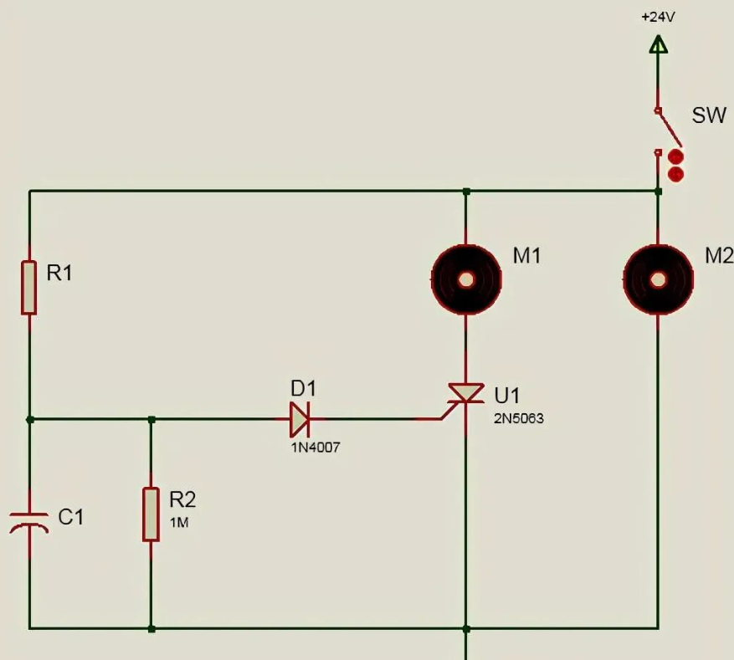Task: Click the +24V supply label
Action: pos(658,18)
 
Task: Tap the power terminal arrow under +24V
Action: pos(658,44)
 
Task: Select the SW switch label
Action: pos(709,115)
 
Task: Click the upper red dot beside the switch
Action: pos(675,156)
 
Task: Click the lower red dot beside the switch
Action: pos(675,175)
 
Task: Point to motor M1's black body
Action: pos(466,279)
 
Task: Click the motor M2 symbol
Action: pos(658,279)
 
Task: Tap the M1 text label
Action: pos(526,256)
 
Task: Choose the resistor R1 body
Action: pos(29,288)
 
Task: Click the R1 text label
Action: pos(59,274)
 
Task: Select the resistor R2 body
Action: pos(151,514)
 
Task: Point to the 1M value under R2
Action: pos(179,523)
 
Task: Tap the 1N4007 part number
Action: pos(316,448)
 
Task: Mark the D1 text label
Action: pos(303,388)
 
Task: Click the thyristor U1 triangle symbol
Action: pos(466,393)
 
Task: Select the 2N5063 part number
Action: pos(519,418)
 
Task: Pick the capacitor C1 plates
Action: pos(29,522)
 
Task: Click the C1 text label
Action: pos(71,517)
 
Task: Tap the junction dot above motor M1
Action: pos(466,192)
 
